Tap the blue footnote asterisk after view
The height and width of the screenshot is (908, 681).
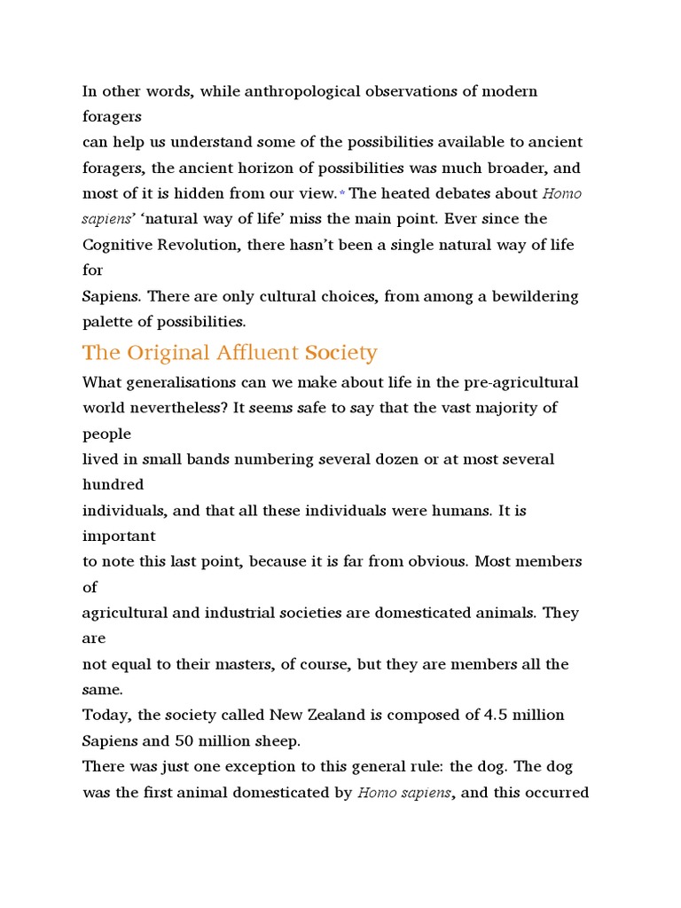(341, 194)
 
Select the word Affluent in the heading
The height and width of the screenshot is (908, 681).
(257, 353)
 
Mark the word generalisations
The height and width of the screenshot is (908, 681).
(190, 383)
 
